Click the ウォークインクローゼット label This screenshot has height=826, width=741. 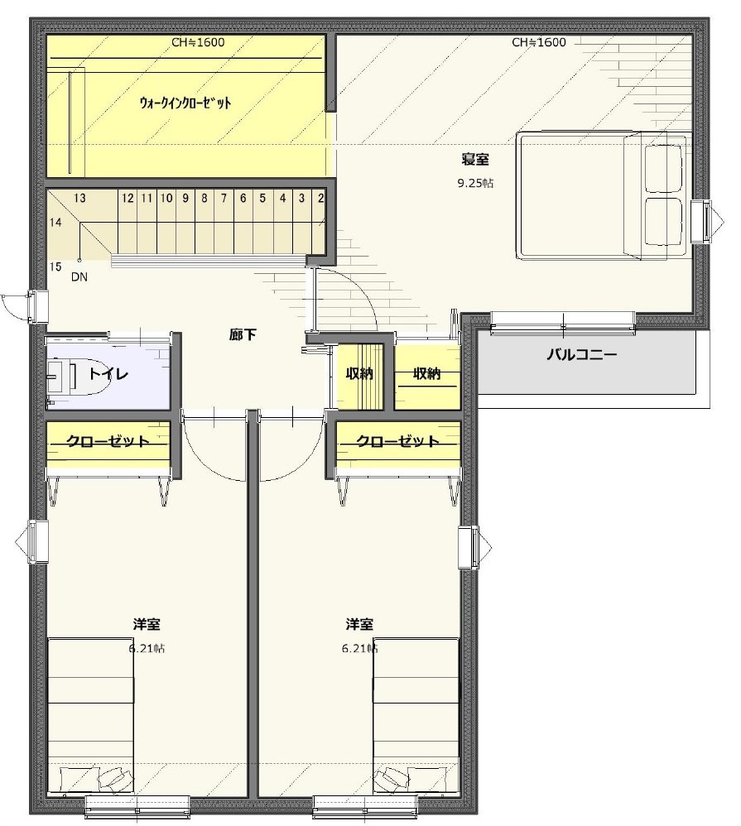click(185, 103)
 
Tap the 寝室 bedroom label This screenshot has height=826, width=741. click(475, 159)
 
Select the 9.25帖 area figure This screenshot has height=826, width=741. click(475, 183)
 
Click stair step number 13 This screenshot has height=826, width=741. click(79, 198)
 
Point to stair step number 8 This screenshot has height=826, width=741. click(204, 198)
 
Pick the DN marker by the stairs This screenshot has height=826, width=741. click(79, 276)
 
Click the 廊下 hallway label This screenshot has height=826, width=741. click(243, 334)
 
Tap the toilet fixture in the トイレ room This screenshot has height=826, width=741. click(78, 376)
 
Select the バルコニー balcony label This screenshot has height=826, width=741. click(581, 354)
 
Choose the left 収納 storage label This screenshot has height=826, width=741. click(359, 373)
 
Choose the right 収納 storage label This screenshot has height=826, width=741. click(427, 373)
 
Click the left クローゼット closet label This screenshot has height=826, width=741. click(108, 440)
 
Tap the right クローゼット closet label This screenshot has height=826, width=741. click(398, 440)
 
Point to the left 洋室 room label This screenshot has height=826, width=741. click(147, 624)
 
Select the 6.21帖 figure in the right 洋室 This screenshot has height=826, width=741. click(359, 649)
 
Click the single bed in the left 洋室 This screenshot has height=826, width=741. click(90, 717)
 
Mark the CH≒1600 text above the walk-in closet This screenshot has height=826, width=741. click(198, 42)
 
